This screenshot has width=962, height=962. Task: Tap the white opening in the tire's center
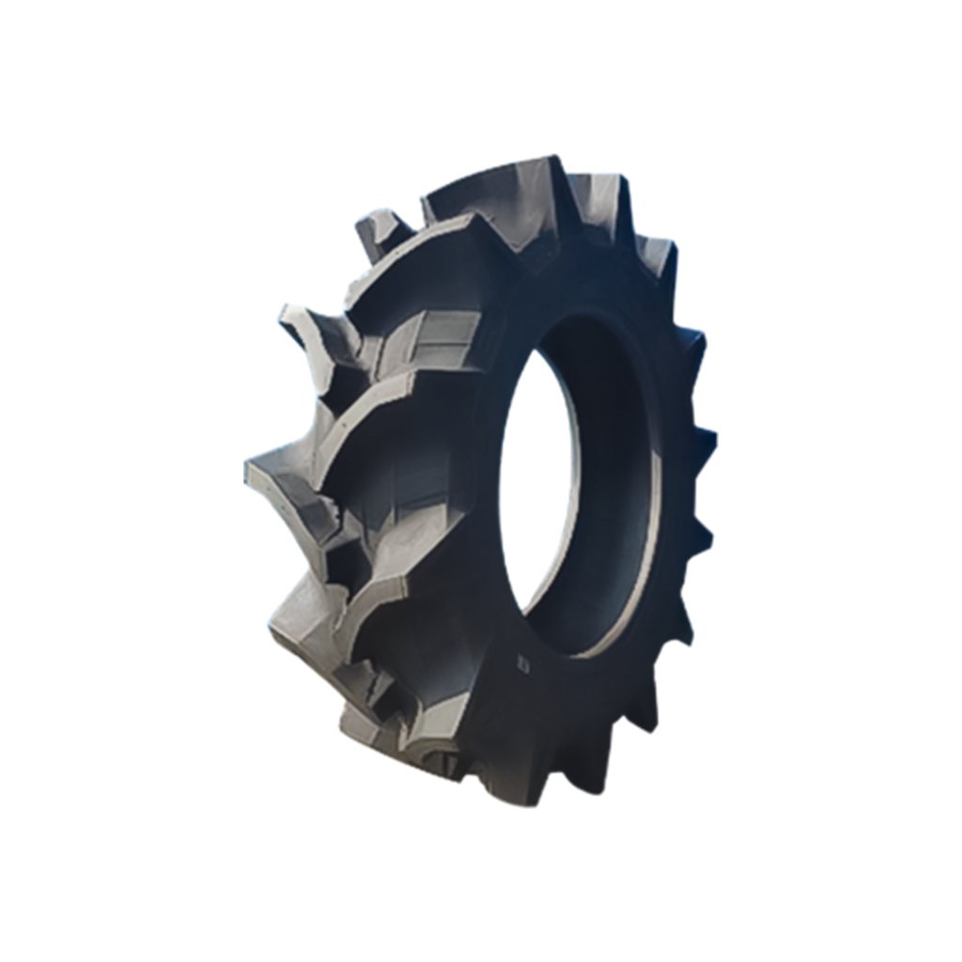(535, 479)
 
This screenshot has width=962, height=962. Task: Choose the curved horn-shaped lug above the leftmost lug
(310, 324)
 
